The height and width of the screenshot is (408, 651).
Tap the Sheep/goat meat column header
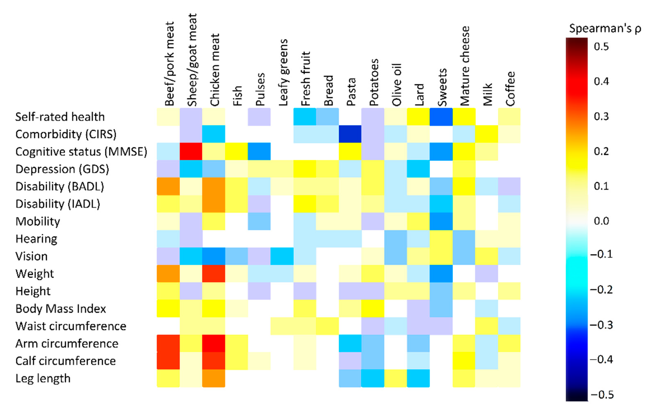192,61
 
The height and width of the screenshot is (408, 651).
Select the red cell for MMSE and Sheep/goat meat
191,151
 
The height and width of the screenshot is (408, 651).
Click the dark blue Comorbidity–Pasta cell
350,134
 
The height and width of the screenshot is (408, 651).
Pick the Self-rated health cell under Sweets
441,117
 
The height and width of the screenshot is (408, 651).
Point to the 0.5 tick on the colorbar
601,46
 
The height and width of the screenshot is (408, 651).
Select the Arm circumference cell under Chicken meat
214,343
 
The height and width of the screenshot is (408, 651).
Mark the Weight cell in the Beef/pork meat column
168,273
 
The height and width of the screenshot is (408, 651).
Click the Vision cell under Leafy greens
282,256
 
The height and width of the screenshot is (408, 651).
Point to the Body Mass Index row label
61,309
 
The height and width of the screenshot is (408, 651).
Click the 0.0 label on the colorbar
601,221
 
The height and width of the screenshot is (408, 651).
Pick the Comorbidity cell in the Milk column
487,134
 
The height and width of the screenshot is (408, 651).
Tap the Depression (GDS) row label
62,169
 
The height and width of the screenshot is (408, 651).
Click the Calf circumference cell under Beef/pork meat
168,361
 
